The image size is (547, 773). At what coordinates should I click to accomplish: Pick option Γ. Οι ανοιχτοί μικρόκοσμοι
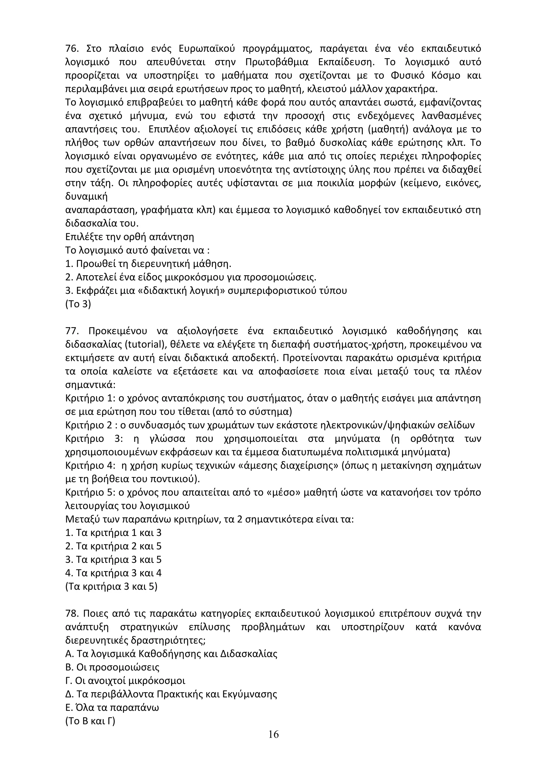click(x=125, y=681)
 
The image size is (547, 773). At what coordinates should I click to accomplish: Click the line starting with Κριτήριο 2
click(x=269, y=425)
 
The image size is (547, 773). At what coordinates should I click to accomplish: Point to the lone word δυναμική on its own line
click(x=86, y=197)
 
